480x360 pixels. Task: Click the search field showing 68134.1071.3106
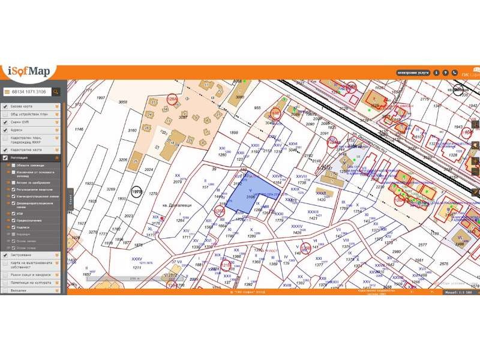[x=26, y=92]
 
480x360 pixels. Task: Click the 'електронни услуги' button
[x=413, y=73]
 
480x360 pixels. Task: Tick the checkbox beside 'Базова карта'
[x=5, y=106]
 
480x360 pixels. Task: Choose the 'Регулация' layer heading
[x=20, y=158]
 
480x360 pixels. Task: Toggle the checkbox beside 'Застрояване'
[x=5, y=255]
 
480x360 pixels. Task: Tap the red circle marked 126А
[x=173, y=100]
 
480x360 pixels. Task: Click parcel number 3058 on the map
[x=123, y=103]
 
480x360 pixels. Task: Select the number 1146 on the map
[x=79, y=129]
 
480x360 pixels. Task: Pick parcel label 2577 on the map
[x=422, y=245]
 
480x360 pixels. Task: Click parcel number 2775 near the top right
[x=425, y=99]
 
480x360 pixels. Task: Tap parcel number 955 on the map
[x=258, y=108]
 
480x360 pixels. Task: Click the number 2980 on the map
[x=397, y=252]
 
